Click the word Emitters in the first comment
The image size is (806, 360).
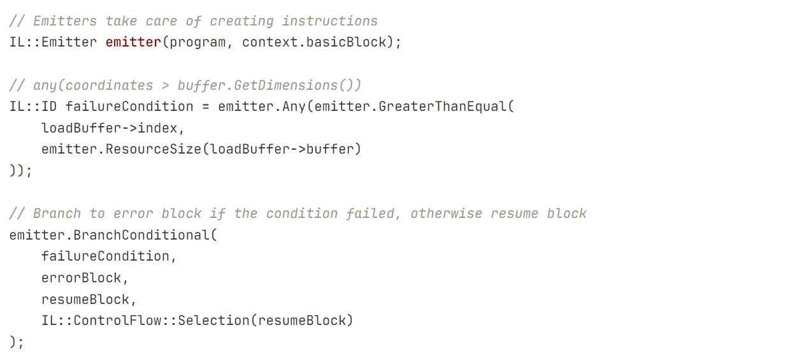[x=65, y=21]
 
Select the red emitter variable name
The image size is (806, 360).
[x=133, y=42]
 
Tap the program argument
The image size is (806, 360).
[x=198, y=43]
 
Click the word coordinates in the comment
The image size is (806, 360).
[x=109, y=85]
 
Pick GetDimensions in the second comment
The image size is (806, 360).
[x=285, y=85]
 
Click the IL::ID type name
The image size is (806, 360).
[x=33, y=106]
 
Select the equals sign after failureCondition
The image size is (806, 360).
[x=205, y=107]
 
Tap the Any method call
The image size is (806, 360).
[x=294, y=107]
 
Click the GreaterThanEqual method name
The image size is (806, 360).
[x=443, y=106]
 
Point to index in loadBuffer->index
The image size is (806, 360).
[x=157, y=128]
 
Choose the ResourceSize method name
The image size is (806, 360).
[x=154, y=149]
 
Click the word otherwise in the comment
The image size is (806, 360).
[x=446, y=213]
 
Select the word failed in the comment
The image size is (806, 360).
[x=370, y=213]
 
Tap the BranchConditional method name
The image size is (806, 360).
[x=141, y=235]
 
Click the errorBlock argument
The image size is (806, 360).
[x=82, y=278]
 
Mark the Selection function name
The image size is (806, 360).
[x=213, y=320]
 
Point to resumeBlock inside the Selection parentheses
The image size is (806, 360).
[x=301, y=320]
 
